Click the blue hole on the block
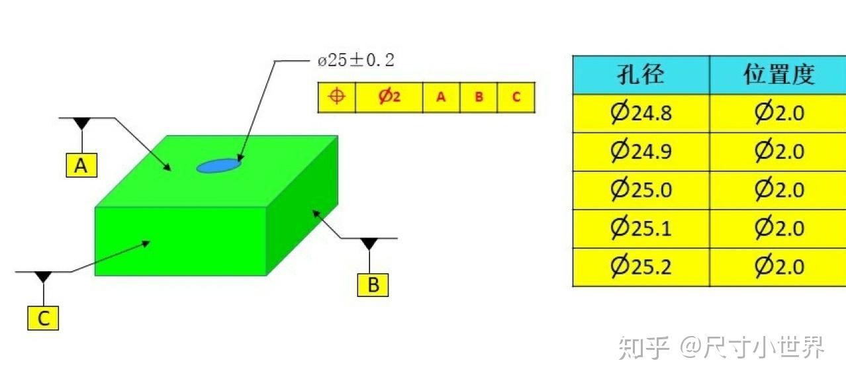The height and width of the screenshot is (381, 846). [218, 165]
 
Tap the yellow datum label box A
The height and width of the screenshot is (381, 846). [81, 165]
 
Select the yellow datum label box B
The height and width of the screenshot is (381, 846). [373, 285]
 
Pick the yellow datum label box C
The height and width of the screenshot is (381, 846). [43, 318]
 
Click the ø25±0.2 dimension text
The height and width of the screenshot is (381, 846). [355, 60]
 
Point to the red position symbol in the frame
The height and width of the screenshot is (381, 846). [336, 96]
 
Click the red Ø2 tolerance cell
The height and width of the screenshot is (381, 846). [389, 97]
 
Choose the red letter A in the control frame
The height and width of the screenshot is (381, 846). [441, 97]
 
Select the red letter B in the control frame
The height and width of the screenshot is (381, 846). [479, 97]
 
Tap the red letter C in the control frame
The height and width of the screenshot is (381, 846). [516, 97]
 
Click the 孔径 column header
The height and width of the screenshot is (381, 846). [641, 74]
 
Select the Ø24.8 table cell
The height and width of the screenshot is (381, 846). [641, 113]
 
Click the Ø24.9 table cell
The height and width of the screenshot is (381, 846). [641, 151]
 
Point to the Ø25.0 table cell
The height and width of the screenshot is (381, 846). [641, 190]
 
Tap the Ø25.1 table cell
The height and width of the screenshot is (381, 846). [641, 229]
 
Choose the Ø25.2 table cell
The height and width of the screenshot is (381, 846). [641, 267]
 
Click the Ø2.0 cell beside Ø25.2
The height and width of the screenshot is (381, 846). [778, 267]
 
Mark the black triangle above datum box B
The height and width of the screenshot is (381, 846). [369, 244]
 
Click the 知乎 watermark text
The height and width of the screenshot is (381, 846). [643, 347]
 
